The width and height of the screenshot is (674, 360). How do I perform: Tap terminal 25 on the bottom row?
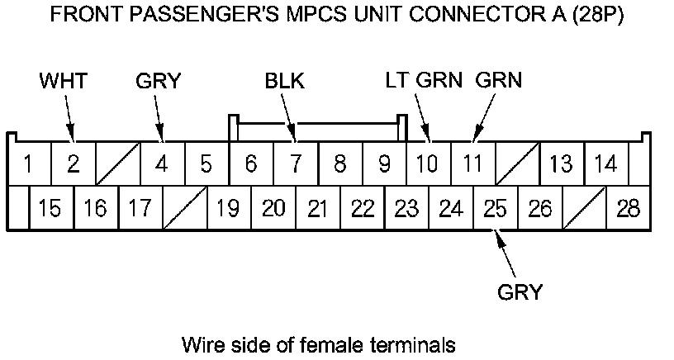(495, 208)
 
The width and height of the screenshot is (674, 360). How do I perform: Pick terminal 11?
(472, 163)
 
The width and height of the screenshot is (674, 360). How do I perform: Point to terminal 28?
(628, 208)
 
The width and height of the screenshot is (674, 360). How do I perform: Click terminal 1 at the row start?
(28, 163)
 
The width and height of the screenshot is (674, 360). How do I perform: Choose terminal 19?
(228, 208)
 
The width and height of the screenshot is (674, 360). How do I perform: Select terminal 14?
(605, 163)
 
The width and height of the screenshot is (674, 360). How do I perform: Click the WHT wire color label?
(64, 81)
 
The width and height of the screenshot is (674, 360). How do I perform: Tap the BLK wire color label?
(284, 81)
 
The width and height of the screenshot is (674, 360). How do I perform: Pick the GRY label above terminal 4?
(158, 81)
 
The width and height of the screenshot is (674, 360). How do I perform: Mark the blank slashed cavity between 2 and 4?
(117, 163)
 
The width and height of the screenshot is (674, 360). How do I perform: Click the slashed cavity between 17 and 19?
(184, 208)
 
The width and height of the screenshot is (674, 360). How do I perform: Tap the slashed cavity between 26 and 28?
(584, 208)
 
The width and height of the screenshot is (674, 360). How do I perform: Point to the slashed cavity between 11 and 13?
(517, 163)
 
